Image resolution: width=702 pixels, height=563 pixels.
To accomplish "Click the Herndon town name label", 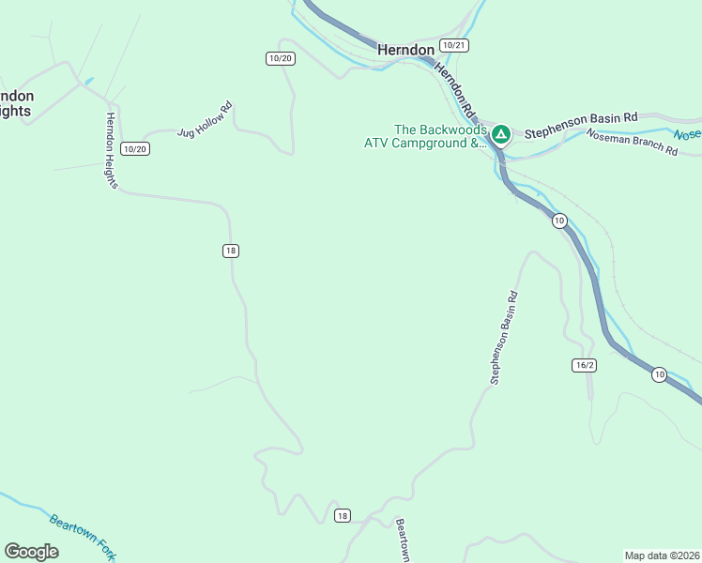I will [406, 50].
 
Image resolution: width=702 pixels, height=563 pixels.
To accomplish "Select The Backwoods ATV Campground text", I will [428, 137].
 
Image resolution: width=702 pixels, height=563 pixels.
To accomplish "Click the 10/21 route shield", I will [453, 45].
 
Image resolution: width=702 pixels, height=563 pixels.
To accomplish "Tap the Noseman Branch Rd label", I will [632, 143].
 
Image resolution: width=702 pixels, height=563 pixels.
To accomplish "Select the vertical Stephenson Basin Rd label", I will [504, 338].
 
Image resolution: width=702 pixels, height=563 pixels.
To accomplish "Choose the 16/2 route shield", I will [583, 365].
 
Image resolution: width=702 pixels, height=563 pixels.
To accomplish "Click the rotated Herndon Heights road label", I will [111, 151].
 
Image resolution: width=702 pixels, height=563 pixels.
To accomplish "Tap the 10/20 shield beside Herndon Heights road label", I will [135, 149].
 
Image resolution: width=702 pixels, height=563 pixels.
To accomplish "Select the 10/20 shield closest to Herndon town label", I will [281, 58].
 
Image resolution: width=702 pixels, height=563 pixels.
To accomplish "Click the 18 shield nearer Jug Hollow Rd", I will [231, 250].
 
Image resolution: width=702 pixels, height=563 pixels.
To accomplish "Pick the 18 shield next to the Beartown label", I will [342, 516].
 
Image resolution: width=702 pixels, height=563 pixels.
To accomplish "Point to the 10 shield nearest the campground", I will [559, 221].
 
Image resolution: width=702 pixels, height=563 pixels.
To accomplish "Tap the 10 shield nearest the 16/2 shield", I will [659, 375].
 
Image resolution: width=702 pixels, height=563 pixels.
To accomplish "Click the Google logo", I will [32, 552].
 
